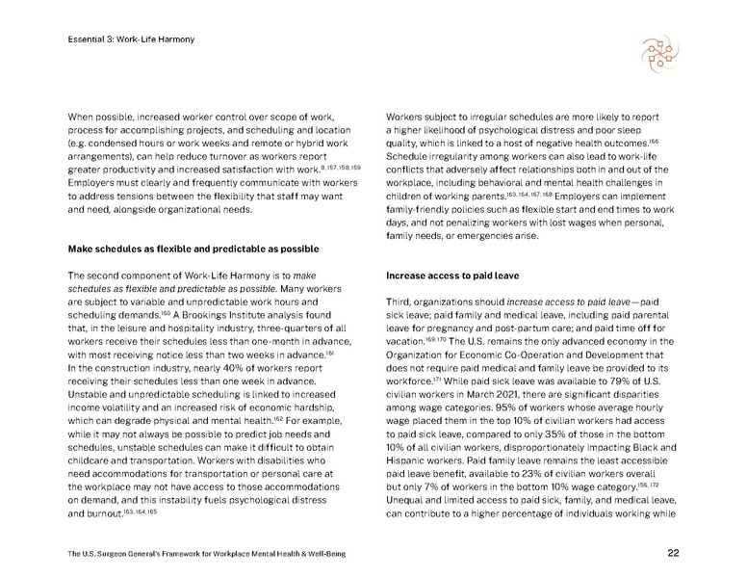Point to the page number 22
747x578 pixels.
click(x=674, y=553)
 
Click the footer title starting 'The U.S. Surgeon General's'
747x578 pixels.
click(x=200, y=554)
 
